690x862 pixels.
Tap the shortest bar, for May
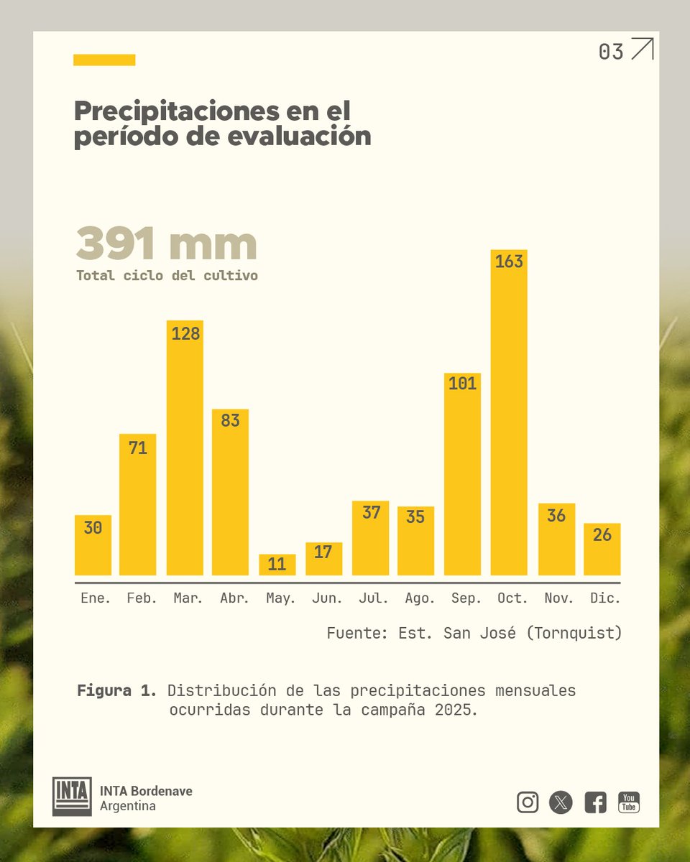click(277, 565)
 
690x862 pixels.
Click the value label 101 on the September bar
click(462, 384)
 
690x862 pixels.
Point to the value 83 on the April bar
click(230, 420)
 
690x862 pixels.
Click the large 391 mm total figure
click(166, 244)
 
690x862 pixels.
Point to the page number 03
click(611, 52)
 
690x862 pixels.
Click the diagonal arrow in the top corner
click(642, 49)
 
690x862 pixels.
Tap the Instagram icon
click(528, 802)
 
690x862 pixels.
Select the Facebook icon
click(595, 802)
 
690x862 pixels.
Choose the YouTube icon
click(629, 802)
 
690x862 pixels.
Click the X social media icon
click(561, 802)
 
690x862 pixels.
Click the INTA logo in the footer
click(72, 796)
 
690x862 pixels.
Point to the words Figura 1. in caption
click(116, 691)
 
